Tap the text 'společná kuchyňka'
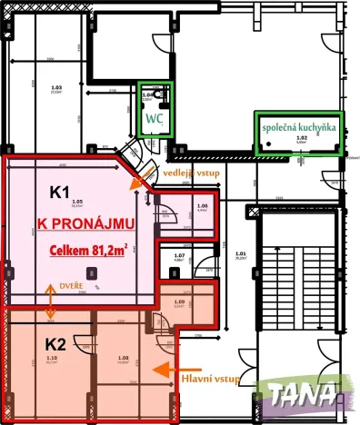(x=300, y=129)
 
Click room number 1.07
(x=179, y=256)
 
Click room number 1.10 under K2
(x=50, y=360)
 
